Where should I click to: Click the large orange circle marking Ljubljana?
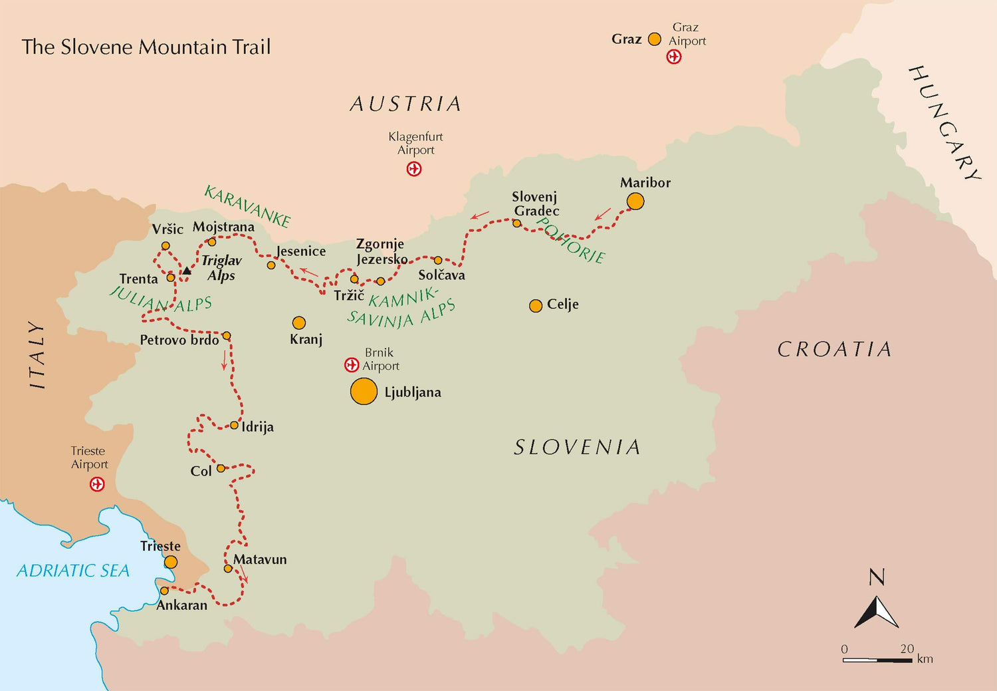[x=364, y=392]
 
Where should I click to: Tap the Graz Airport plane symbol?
[x=674, y=57]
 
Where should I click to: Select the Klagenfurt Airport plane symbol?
[x=414, y=169]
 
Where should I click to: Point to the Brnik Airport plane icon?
[x=352, y=364]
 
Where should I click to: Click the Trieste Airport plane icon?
[x=97, y=484]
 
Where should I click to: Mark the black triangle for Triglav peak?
[x=187, y=271]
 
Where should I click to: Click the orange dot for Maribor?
[x=635, y=201]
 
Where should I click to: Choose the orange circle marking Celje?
[x=536, y=306]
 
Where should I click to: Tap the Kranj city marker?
[x=299, y=323]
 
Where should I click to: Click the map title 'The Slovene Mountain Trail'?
[x=146, y=47]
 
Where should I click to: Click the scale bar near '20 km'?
[x=877, y=660]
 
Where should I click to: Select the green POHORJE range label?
[x=570, y=241]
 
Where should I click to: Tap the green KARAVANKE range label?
[x=247, y=206]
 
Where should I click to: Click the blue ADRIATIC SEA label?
[x=73, y=571]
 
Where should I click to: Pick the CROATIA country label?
[x=834, y=349]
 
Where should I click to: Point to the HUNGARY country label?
[x=944, y=123]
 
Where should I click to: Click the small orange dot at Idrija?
[x=234, y=425]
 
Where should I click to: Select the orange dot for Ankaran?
[x=164, y=591]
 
